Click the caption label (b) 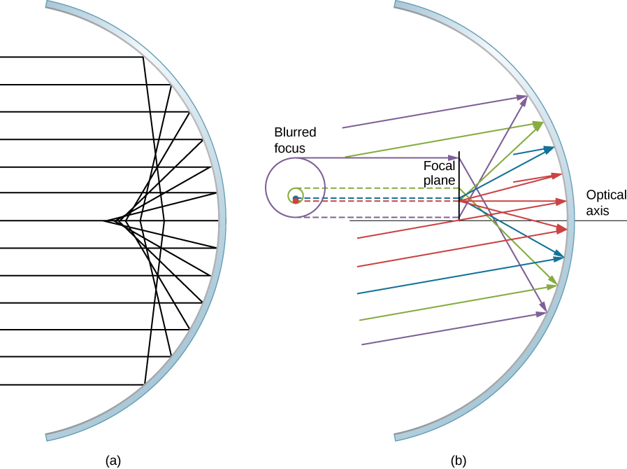point(459,461)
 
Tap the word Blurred point(295,132)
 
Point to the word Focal point(439,167)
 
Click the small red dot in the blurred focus point(296,201)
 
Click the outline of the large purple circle point(266,188)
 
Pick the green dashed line point(377,188)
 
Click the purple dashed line point(377,218)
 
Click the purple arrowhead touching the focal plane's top point(453,157)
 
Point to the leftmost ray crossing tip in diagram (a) point(106,221)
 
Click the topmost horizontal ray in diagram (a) point(70,57)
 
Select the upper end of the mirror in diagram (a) point(48,4)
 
